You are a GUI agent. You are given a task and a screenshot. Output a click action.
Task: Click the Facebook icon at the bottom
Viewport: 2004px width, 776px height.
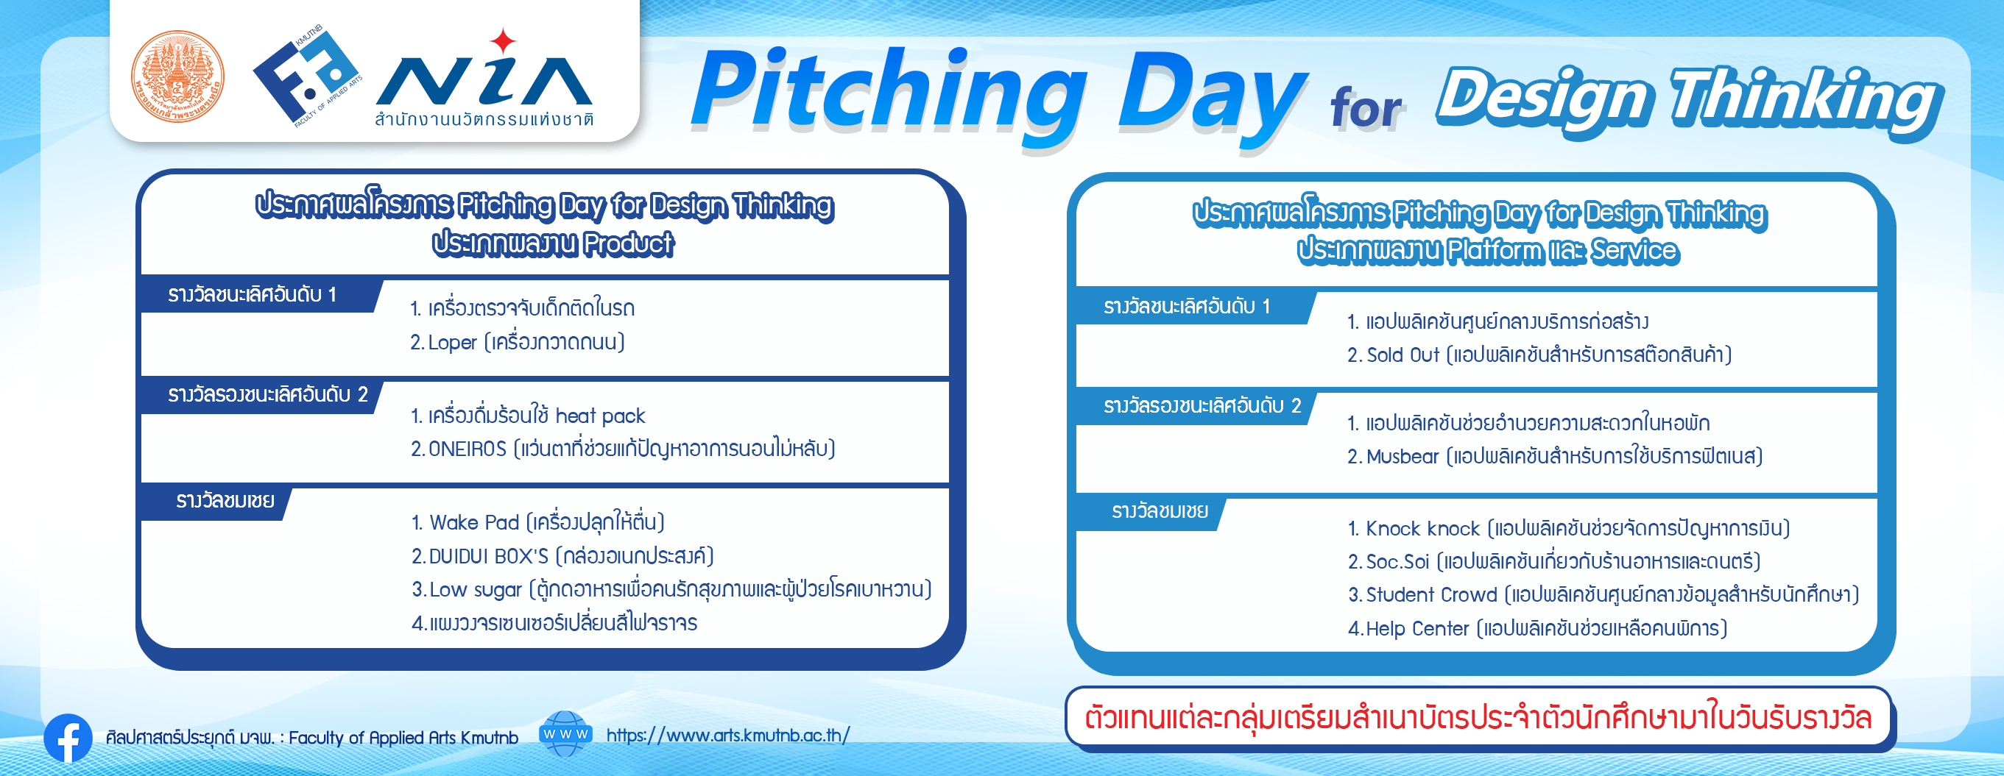point(68,737)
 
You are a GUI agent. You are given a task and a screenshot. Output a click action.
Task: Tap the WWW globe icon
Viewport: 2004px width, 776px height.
point(565,733)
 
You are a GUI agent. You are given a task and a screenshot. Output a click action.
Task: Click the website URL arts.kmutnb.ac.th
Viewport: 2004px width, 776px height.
point(727,735)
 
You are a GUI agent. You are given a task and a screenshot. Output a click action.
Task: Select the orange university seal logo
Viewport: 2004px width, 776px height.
point(177,76)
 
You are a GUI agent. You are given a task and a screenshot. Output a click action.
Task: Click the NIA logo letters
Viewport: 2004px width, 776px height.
point(484,81)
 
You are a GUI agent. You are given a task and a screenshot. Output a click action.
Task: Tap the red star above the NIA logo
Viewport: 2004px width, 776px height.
point(504,40)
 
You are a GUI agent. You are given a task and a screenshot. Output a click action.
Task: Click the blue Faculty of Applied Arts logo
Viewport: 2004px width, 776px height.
point(306,76)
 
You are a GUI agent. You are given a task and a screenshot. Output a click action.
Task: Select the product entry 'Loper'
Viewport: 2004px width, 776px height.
point(452,342)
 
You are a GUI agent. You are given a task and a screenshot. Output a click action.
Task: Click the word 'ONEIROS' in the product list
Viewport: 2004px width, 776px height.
point(467,449)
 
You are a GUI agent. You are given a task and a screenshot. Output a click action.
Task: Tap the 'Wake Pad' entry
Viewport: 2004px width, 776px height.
point(474,522)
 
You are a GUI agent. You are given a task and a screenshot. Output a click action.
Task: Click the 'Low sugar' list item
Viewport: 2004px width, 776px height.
point(476,589)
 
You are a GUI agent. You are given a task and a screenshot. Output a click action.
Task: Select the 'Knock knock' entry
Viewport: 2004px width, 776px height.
point(1423,529)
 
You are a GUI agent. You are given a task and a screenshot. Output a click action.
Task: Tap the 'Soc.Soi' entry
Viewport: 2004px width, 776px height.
point(1398,561)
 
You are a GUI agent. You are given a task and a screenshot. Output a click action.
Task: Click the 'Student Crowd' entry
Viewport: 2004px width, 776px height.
point(1431,595)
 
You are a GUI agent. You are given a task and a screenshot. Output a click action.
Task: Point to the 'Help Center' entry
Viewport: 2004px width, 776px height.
point(1417,628)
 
